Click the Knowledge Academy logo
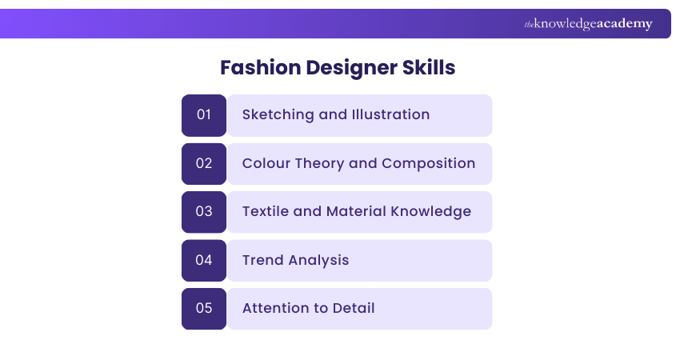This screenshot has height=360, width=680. click(x=588, y=24)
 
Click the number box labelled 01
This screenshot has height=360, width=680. click(x=204, y=115)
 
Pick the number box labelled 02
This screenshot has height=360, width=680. click(x=204, y=163)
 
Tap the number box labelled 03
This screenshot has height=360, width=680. click(x=204, y=212)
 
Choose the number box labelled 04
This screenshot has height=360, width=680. click(x=204, y=260)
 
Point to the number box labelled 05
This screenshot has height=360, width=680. click(x=204, y=308)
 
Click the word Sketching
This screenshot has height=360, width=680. click(x=278, y=114)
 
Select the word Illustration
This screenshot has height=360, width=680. click(x=390, y=114)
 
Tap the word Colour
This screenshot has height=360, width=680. click(x=266, y=163)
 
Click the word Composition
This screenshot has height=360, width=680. click(x=429, y=163)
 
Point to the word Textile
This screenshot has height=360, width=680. click(x=267, y=211)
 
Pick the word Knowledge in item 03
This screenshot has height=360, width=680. click(x=431, y=211)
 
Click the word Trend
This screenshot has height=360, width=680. click(x=262, y=260)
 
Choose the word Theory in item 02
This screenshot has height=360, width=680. click(x=320, y=163)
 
